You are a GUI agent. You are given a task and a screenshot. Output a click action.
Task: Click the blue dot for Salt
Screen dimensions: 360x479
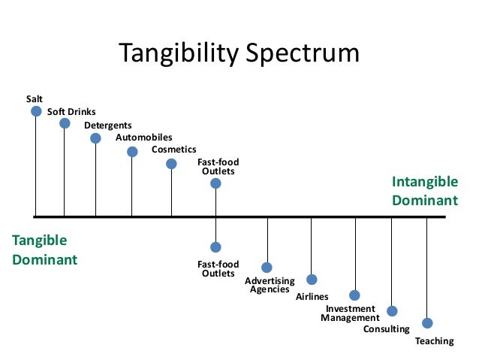tap(36, 111)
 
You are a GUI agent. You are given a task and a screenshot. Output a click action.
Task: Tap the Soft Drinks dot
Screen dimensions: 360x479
tap(65, 123)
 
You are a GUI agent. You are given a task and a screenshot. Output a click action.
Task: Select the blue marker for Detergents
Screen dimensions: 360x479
tap(95, 138)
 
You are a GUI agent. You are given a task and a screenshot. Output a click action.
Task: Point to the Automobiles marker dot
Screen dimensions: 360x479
tap(132, 152)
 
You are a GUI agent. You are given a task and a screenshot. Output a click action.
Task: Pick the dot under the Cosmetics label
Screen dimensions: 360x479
tap(171, 164)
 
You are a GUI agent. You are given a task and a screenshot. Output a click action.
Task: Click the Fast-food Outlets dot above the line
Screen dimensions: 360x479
tap(215, 183)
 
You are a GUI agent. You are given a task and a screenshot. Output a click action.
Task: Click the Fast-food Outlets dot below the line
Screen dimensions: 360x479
tap(215, 247)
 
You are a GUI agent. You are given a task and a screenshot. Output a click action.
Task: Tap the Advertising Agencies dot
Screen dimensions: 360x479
tap(267, 268)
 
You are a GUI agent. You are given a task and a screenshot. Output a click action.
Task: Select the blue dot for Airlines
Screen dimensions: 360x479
tap(312, 280)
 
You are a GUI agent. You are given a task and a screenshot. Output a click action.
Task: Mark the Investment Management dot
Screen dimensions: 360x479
tap(354, 295)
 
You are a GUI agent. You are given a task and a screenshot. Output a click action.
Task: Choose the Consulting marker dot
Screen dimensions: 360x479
tap(392, 311)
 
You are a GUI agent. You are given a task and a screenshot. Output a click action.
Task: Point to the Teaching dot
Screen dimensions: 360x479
tap(427, 323)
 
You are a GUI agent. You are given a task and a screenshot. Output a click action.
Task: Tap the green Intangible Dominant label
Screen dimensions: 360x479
tap(424, 191)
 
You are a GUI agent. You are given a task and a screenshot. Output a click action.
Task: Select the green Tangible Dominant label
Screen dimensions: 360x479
tap(44, 250)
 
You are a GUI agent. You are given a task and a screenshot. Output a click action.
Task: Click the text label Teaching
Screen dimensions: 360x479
tap(434, 341)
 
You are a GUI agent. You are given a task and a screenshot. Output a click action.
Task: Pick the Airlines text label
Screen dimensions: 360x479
tap(312, 297)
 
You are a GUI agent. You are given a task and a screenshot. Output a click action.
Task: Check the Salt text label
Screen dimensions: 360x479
tap(35, 98)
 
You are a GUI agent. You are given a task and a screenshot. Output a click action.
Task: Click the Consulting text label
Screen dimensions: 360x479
tap(386, 329)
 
